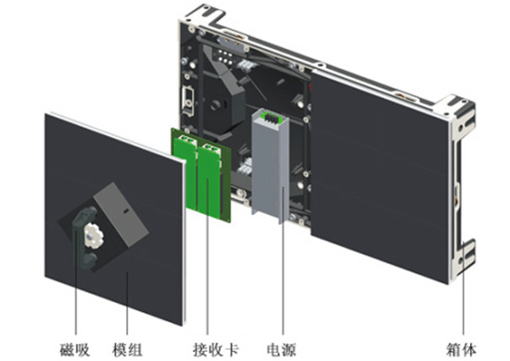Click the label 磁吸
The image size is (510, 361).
75,350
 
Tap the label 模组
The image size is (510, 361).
127,350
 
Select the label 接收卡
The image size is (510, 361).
216,350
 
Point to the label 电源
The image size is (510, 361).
281,350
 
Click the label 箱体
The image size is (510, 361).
461,350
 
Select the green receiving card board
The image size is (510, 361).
201,175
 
